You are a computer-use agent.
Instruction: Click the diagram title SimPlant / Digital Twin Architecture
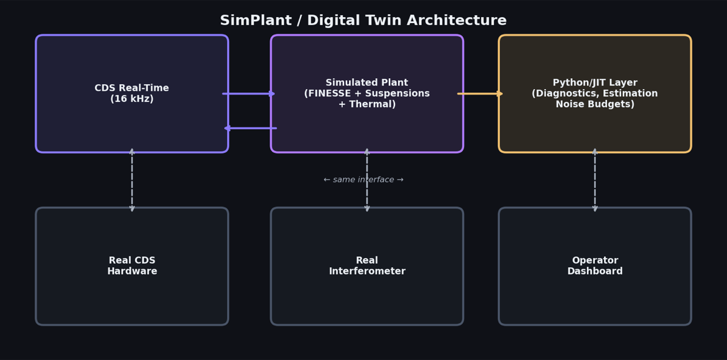coord(363,21)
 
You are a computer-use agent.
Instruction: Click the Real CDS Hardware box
coord(132,297)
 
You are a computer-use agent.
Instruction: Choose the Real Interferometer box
coord(367,297)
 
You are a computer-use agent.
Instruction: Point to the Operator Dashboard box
coord(594,297)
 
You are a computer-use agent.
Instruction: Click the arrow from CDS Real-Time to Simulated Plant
coord(249,93)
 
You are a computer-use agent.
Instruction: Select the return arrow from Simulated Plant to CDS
coord(250,128)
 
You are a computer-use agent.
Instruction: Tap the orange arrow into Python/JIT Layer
coord(480,93)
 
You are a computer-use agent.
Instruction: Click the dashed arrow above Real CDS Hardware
coord(132,180)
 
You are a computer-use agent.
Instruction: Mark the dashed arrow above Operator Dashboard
coord(595,180)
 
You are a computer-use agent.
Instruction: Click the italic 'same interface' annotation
coord(363,180)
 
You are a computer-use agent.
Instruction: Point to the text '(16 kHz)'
coord(132,99)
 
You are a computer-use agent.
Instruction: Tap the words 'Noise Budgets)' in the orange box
coord(595,104)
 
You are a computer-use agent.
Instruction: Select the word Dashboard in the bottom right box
coord(595,271)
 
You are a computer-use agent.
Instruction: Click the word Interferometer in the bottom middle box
coord(367,271)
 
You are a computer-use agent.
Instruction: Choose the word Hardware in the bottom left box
coord(132,271)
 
